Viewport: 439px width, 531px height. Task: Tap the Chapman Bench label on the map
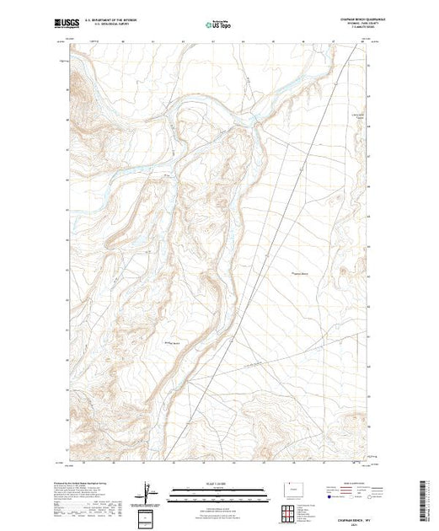(301, 273)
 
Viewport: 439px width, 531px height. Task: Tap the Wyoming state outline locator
(292, 488)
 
